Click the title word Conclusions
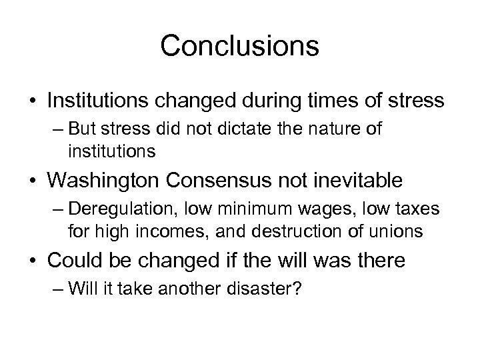tap(240, 46)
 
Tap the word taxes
tap(415, 209)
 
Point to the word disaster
tap(267, 289)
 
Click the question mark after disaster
tap(299, 289)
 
